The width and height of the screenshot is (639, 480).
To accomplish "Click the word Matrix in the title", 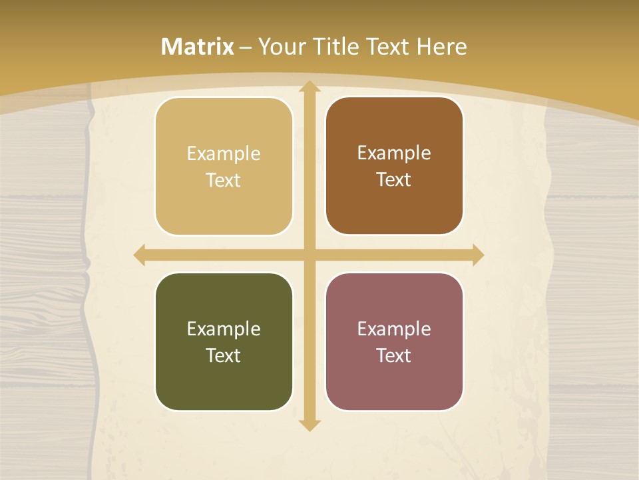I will click(x=198, y=47).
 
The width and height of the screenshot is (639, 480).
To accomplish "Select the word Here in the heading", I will click(x=442, y=47).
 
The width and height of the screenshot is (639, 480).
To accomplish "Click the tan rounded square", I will click(x=224, y=167).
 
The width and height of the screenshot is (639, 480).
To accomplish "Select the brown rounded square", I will click(x=394, y=166).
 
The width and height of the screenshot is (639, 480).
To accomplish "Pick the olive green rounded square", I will click(x=224, y=341).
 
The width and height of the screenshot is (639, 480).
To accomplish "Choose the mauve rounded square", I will click(x=394, y=341).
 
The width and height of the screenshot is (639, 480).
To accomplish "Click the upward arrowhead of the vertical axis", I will click(x=309, y=87).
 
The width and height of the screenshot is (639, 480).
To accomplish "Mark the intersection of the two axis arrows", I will click(x=309, y=255).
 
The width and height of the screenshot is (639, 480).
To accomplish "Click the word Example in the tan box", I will click(x=224, y=154).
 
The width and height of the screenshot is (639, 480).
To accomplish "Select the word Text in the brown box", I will click(x=394, y=180).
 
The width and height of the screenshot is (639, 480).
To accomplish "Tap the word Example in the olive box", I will click(x=224, y=329).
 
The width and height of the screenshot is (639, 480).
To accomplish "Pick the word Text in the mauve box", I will click(x=394, y=355).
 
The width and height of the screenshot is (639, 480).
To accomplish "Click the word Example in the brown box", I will click(x=394, y=153).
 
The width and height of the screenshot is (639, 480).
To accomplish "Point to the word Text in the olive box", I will click(x=224, y=355).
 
